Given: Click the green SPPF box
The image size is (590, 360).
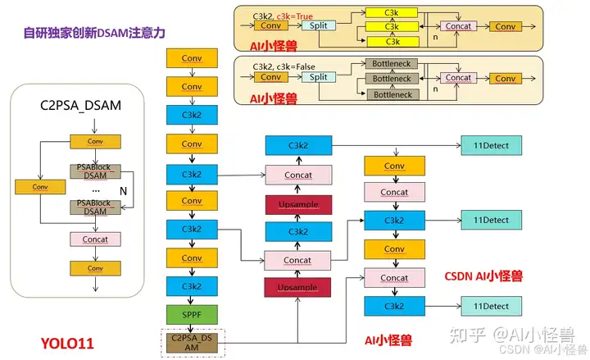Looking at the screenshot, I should [191, 314].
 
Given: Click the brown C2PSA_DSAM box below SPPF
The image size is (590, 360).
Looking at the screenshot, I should [192, 344].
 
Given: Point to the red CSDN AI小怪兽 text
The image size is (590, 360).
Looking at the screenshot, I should [486, 276].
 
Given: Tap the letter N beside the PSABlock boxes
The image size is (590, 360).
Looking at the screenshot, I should [123, 191].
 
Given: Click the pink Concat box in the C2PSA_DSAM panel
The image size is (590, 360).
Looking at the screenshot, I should [96, 239].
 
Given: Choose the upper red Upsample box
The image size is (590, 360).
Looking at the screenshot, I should [298, 203].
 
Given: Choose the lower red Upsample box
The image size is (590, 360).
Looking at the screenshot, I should [297, 288].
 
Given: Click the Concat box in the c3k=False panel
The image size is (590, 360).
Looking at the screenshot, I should [459, 78].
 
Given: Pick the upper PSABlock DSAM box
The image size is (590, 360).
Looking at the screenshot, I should [95, 171].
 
